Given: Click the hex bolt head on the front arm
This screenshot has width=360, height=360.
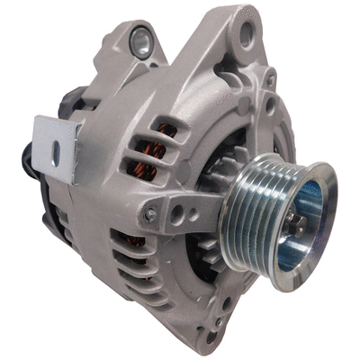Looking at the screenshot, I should tap(150, 214).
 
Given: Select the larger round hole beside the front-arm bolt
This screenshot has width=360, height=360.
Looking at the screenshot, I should tap(177, 213).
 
